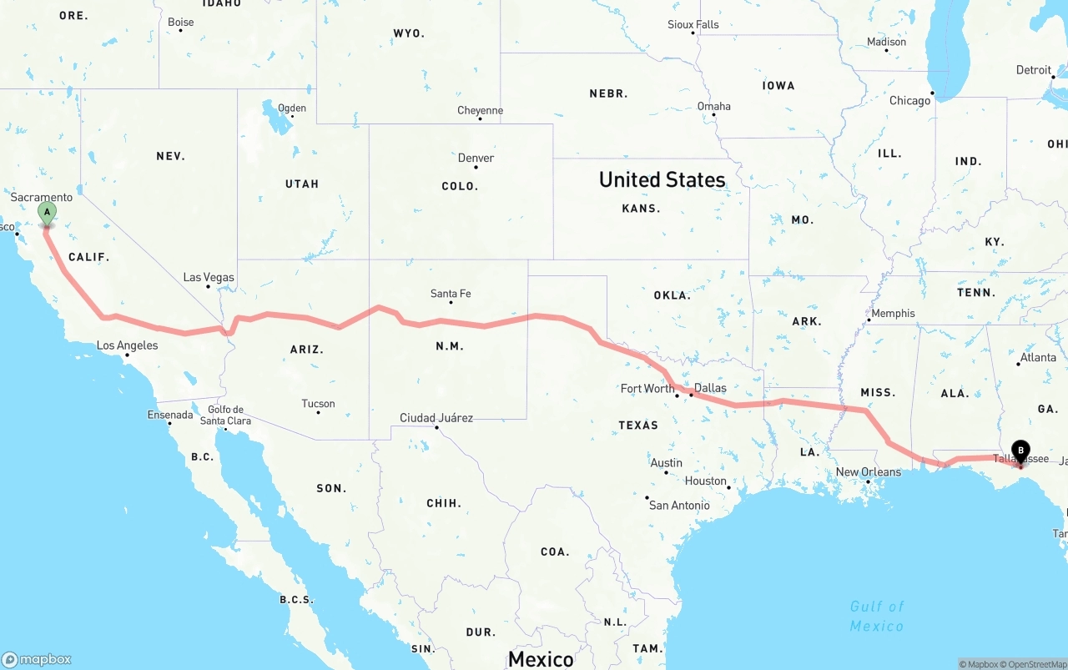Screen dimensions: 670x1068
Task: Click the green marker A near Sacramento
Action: click(47, 213)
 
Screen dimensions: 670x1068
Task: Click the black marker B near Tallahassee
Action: click(1020, 451)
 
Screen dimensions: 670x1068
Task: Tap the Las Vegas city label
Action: click(209, 277)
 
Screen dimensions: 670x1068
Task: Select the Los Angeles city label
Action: click(127, 345)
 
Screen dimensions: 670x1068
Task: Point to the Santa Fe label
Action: click(451, 294)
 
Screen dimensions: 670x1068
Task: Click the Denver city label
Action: click(476, 158)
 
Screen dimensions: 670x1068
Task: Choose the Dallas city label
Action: click(710, 388)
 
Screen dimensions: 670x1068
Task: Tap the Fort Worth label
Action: click(647, 389)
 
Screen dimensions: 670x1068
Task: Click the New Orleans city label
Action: click(868, 472)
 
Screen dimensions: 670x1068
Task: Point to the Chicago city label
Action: click(909, 101)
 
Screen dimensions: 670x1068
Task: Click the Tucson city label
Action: click(318, 404)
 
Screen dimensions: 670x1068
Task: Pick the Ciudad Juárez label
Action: click(436, 418)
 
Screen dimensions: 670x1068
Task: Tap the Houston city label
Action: click(706, 481)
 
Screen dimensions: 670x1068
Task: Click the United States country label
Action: click(662, 179)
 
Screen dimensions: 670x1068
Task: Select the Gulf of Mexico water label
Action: click(877, 616)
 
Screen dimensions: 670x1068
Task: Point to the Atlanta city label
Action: click(1038, 357)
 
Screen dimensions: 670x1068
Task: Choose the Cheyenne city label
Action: click(480, 110)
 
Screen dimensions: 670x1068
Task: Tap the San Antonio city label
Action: click(679, 505)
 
